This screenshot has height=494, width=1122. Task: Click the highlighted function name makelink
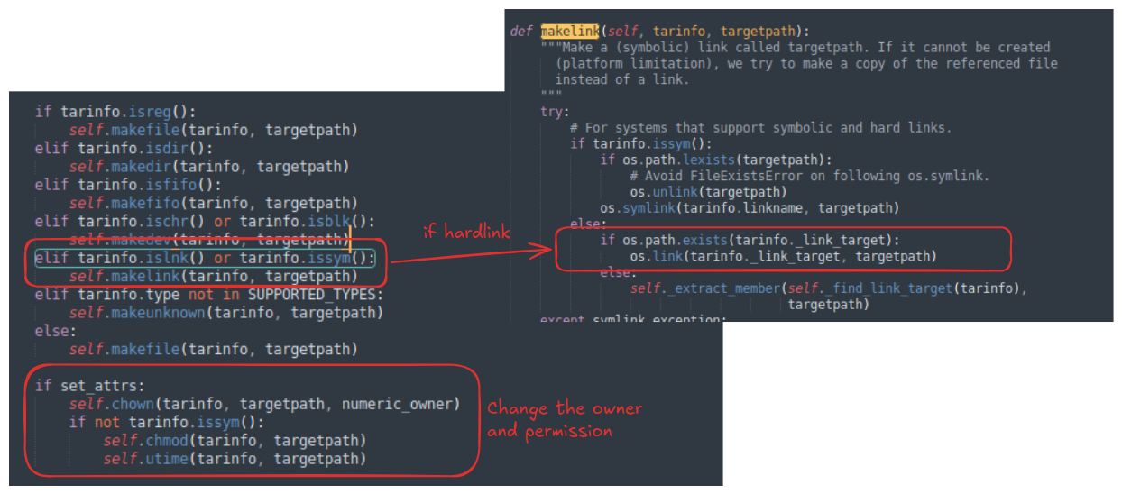point(570,32)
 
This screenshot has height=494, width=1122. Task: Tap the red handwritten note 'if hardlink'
point(467,232)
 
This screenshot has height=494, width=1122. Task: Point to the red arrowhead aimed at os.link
point(543,250)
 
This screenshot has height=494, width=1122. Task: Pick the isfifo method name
point(171,185)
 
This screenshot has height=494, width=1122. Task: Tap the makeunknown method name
point(158,314)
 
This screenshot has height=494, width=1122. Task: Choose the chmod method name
point(167,441)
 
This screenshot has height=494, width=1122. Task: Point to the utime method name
point(167,459)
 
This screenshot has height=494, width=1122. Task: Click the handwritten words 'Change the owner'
point(565,409)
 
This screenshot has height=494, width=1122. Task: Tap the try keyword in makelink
point(551,112)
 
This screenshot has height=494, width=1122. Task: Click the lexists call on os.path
point(709,160)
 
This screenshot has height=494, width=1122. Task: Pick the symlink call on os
point(648,208)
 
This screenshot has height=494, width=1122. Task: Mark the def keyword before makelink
point(521,32)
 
